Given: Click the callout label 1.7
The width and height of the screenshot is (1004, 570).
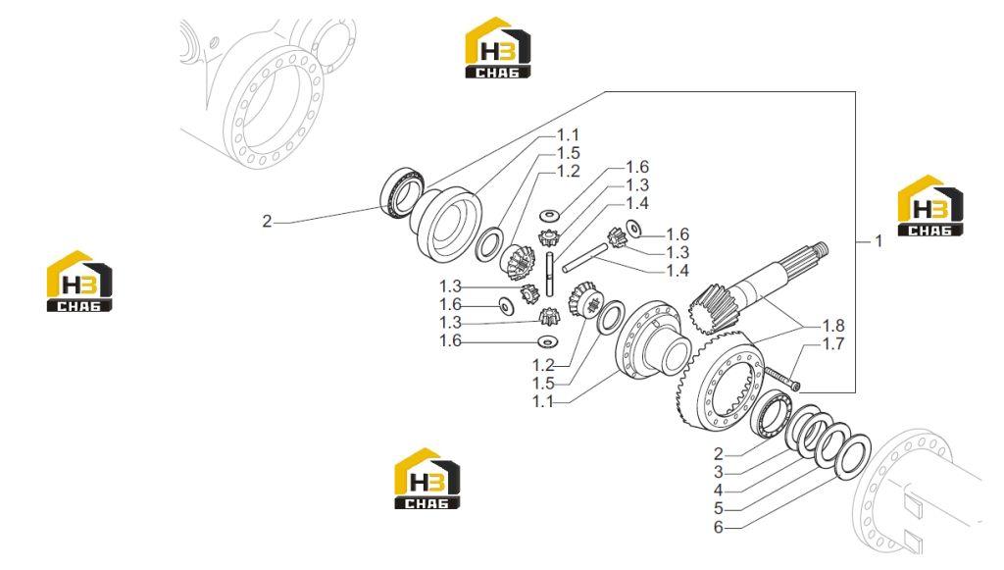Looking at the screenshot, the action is click(x=833, y=344).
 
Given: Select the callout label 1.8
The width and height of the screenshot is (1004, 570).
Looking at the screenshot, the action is click(x=833, y=326).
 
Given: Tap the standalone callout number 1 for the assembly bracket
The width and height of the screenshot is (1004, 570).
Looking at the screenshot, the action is click(x=879, y=240).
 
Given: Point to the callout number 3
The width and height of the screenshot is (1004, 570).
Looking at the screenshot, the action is click(x=719, y=473).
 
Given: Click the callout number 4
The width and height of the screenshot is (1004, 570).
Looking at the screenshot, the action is click(x=719, y=491).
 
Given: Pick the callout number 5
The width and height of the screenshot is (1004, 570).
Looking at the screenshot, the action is click(x=719, y=508).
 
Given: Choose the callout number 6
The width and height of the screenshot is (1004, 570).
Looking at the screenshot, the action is click(x=719, y=527).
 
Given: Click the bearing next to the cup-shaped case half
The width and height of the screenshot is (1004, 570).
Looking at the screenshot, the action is click(x=402, y=191).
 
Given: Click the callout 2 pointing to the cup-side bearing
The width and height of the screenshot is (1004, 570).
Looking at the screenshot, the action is click(x=267, y=222).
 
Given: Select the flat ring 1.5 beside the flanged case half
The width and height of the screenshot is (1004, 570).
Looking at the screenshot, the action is click(x=612, y=316).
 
